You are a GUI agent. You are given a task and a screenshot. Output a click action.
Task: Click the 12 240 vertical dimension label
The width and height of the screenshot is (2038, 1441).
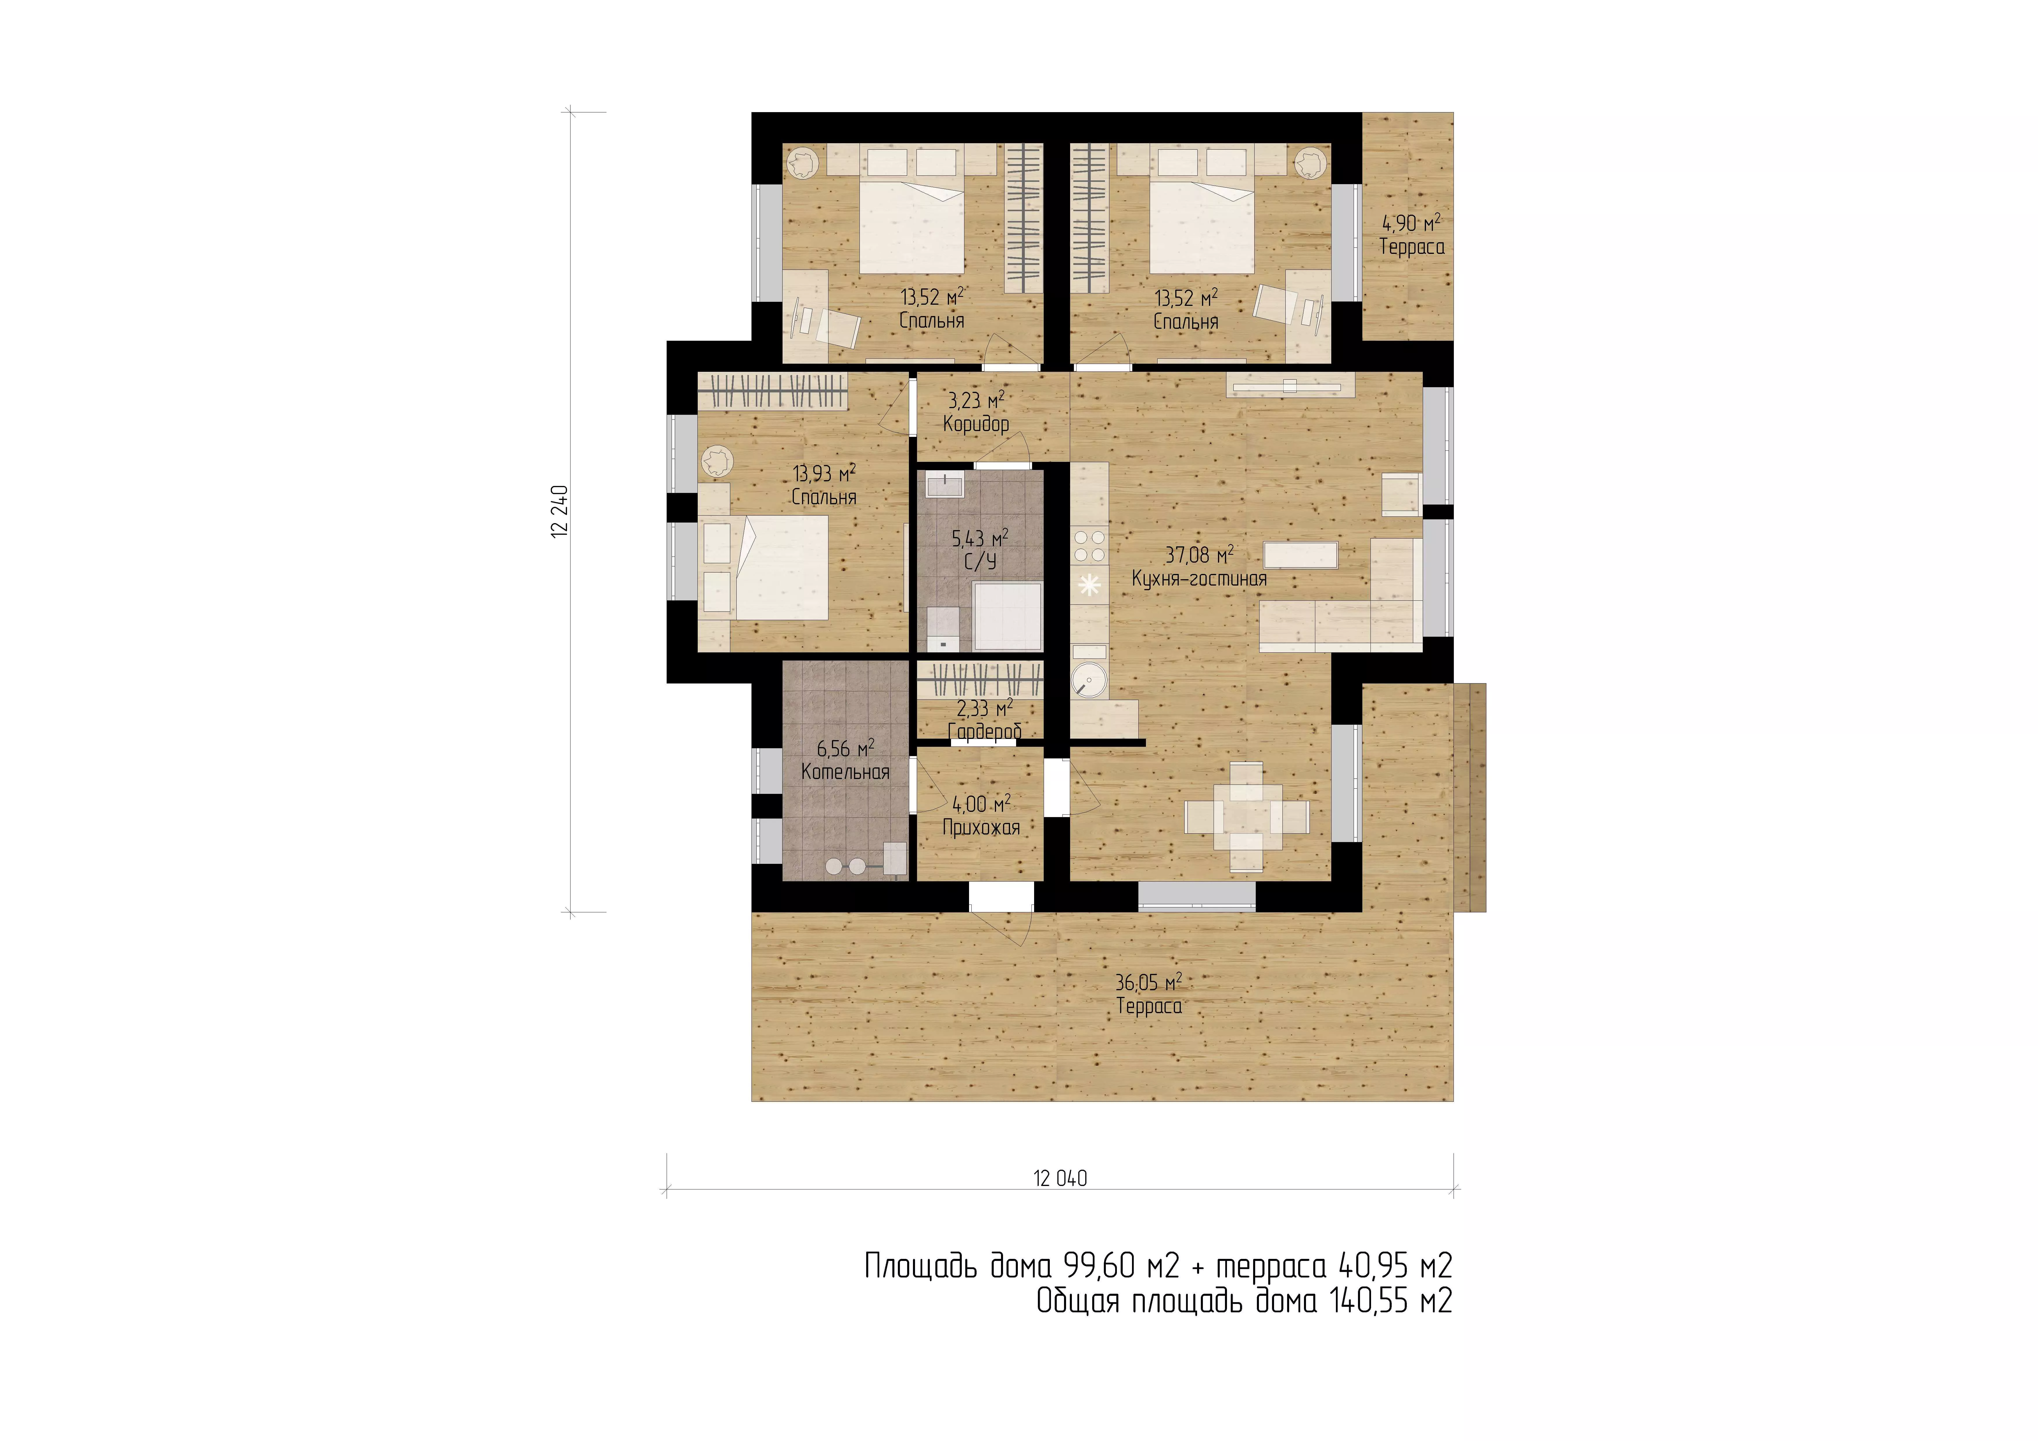point(559,512)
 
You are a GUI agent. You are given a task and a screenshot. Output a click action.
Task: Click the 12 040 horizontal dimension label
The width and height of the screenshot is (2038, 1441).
point(1060,1178)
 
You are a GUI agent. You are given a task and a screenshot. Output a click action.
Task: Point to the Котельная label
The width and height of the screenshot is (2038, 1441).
point(845,772)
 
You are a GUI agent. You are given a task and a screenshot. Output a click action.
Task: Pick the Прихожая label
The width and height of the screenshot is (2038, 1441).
point(981,828)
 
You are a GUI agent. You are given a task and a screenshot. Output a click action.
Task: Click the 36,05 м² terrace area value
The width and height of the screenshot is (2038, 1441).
point(1149,983)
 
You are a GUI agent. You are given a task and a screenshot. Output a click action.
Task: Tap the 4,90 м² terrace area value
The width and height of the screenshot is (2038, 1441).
point(1411,223)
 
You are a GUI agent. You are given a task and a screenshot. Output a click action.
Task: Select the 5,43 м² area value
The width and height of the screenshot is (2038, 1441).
point(980,538)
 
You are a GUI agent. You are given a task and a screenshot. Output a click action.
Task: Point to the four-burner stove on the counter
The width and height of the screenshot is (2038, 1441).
point(1089,546)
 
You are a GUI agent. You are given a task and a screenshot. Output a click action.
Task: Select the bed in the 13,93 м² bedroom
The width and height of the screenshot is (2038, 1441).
point(779,568)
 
